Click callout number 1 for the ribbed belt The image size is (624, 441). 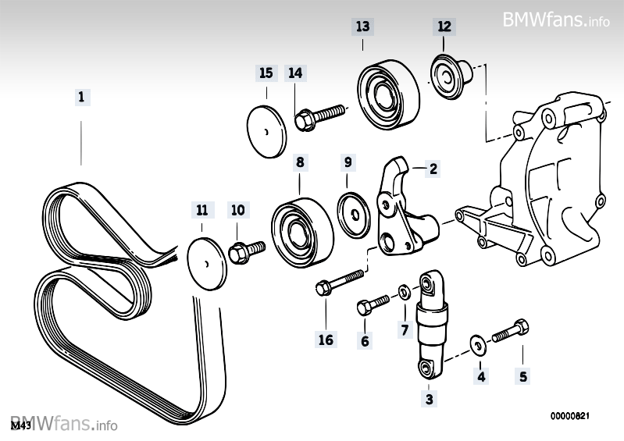pyautogui.click(x=81, y=98)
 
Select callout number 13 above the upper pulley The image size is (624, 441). pyautogui.click(x=362, y=26)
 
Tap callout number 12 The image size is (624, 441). pyautogui.click(x=444, y=26)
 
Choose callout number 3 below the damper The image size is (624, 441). pyautogui.click(x=428, y=400)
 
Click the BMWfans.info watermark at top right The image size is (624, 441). pyautogui.click(x=556, y=19)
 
